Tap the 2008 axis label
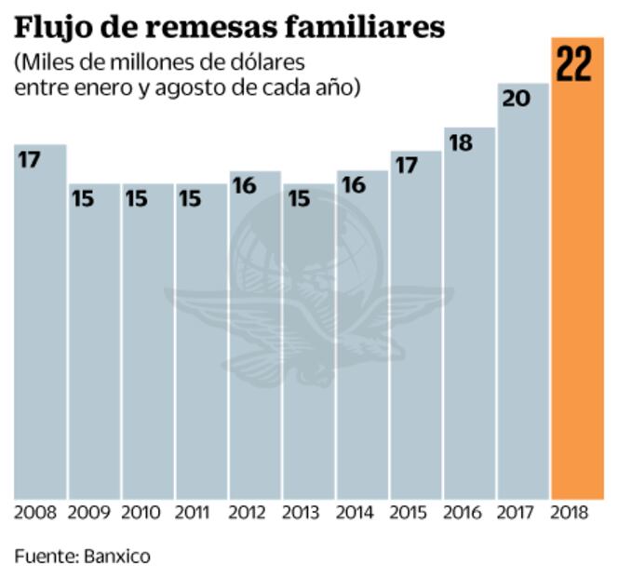[35, 513]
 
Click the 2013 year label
[302, 513]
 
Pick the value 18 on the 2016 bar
[461, 143]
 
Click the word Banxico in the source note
[116, 557]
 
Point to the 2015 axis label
[410, 513]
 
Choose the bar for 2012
[255, 344]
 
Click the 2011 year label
[195, 513]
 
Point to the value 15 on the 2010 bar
[138, 199]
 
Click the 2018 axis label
[571, 513]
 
